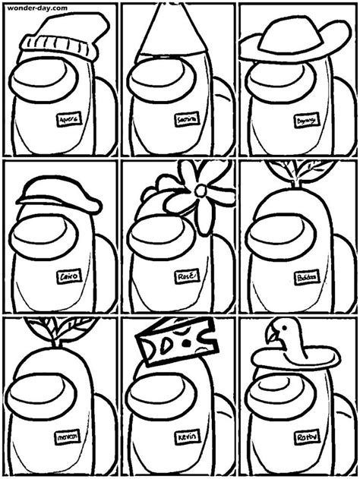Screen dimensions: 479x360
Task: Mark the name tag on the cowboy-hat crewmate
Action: click(x=307, y=121)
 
